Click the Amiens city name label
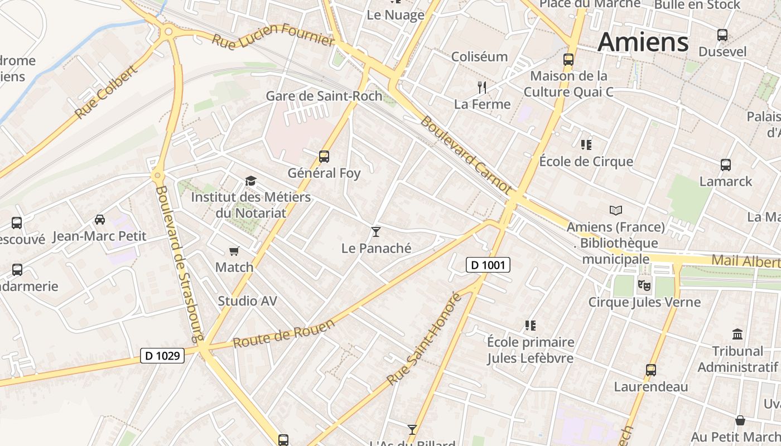(x=643, y=42)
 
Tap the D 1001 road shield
(x=488, y=265)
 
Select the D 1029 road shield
(x=162, y=355)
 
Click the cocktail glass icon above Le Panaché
(x=376, y=231)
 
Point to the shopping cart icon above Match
(x=234, y=251)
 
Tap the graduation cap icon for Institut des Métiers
(x=250, y=181)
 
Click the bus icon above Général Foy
(x=324, y=157)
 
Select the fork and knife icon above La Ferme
(x=482, y=87)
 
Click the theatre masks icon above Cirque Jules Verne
(x=644, y=286)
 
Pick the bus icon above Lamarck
(x=725, y=165)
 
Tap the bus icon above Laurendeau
(x=650, y=370)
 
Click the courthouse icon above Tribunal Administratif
(x=737, y=334)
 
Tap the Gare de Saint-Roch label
(x=324, y=96)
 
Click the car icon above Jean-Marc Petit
(x=100, y=220)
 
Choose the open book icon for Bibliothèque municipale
(x=615, y=211)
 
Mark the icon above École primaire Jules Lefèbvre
(x=530, y=325)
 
